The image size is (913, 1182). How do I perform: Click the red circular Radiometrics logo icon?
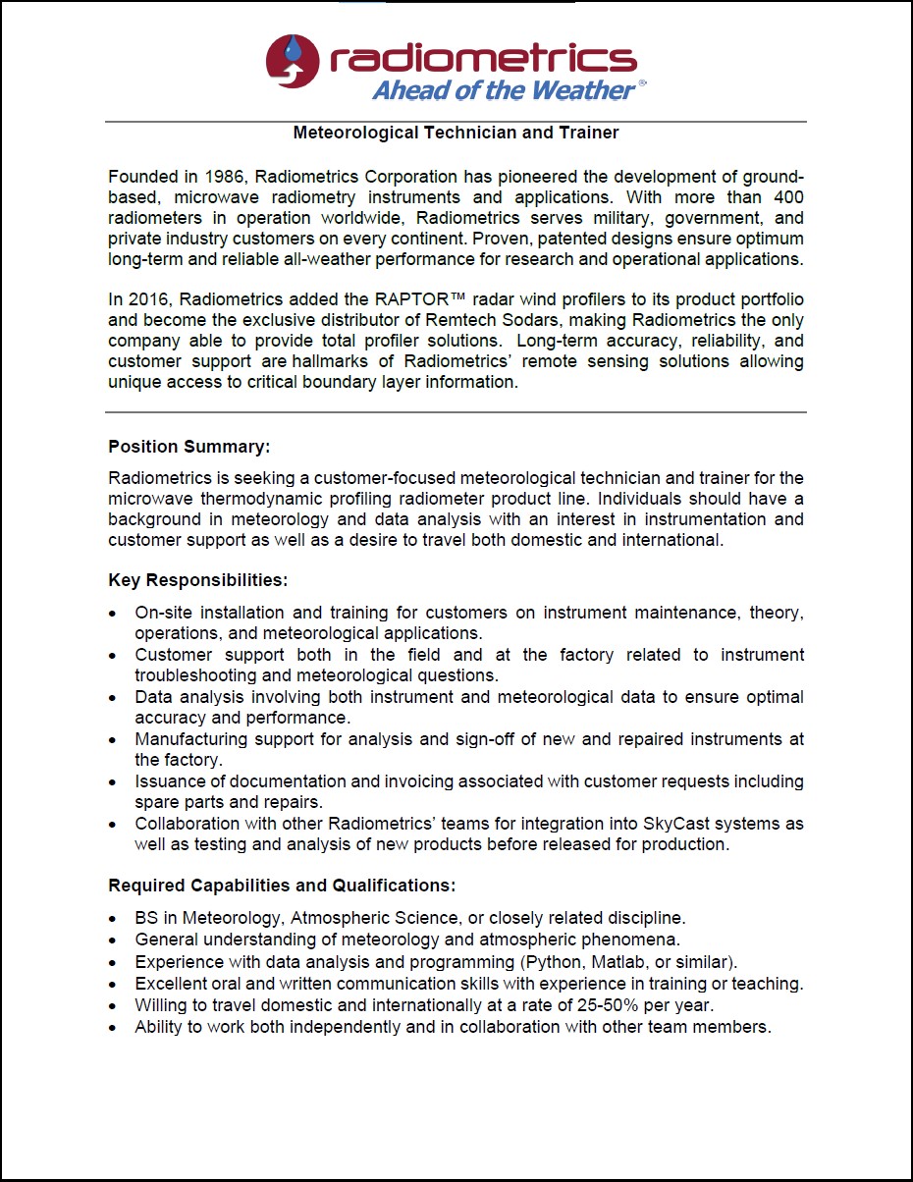(293, 61)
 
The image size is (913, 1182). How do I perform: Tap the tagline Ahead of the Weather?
(504, 90)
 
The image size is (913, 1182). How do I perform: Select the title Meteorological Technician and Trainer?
(456, 132)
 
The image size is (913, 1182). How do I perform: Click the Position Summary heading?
(188, 447)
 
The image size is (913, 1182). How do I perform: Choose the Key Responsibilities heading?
(197, 580)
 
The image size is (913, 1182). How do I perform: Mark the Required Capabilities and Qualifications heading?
(282, 886)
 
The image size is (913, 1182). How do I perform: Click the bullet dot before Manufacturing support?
(114, 740)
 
